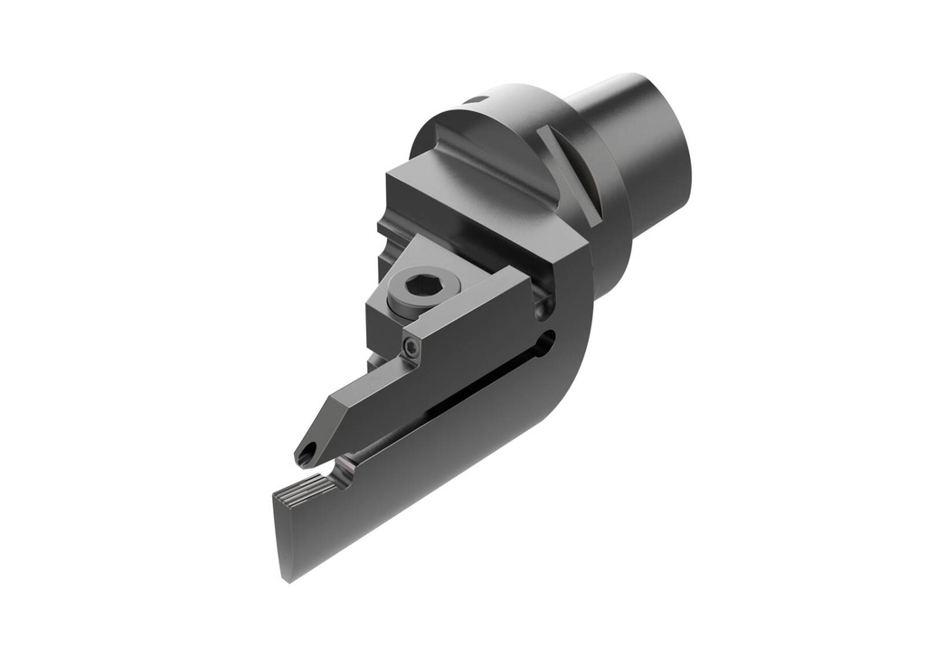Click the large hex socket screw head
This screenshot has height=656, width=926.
[422, 286]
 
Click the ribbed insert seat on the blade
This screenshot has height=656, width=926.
[305, 492]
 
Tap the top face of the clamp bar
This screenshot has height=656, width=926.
[452, 307]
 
